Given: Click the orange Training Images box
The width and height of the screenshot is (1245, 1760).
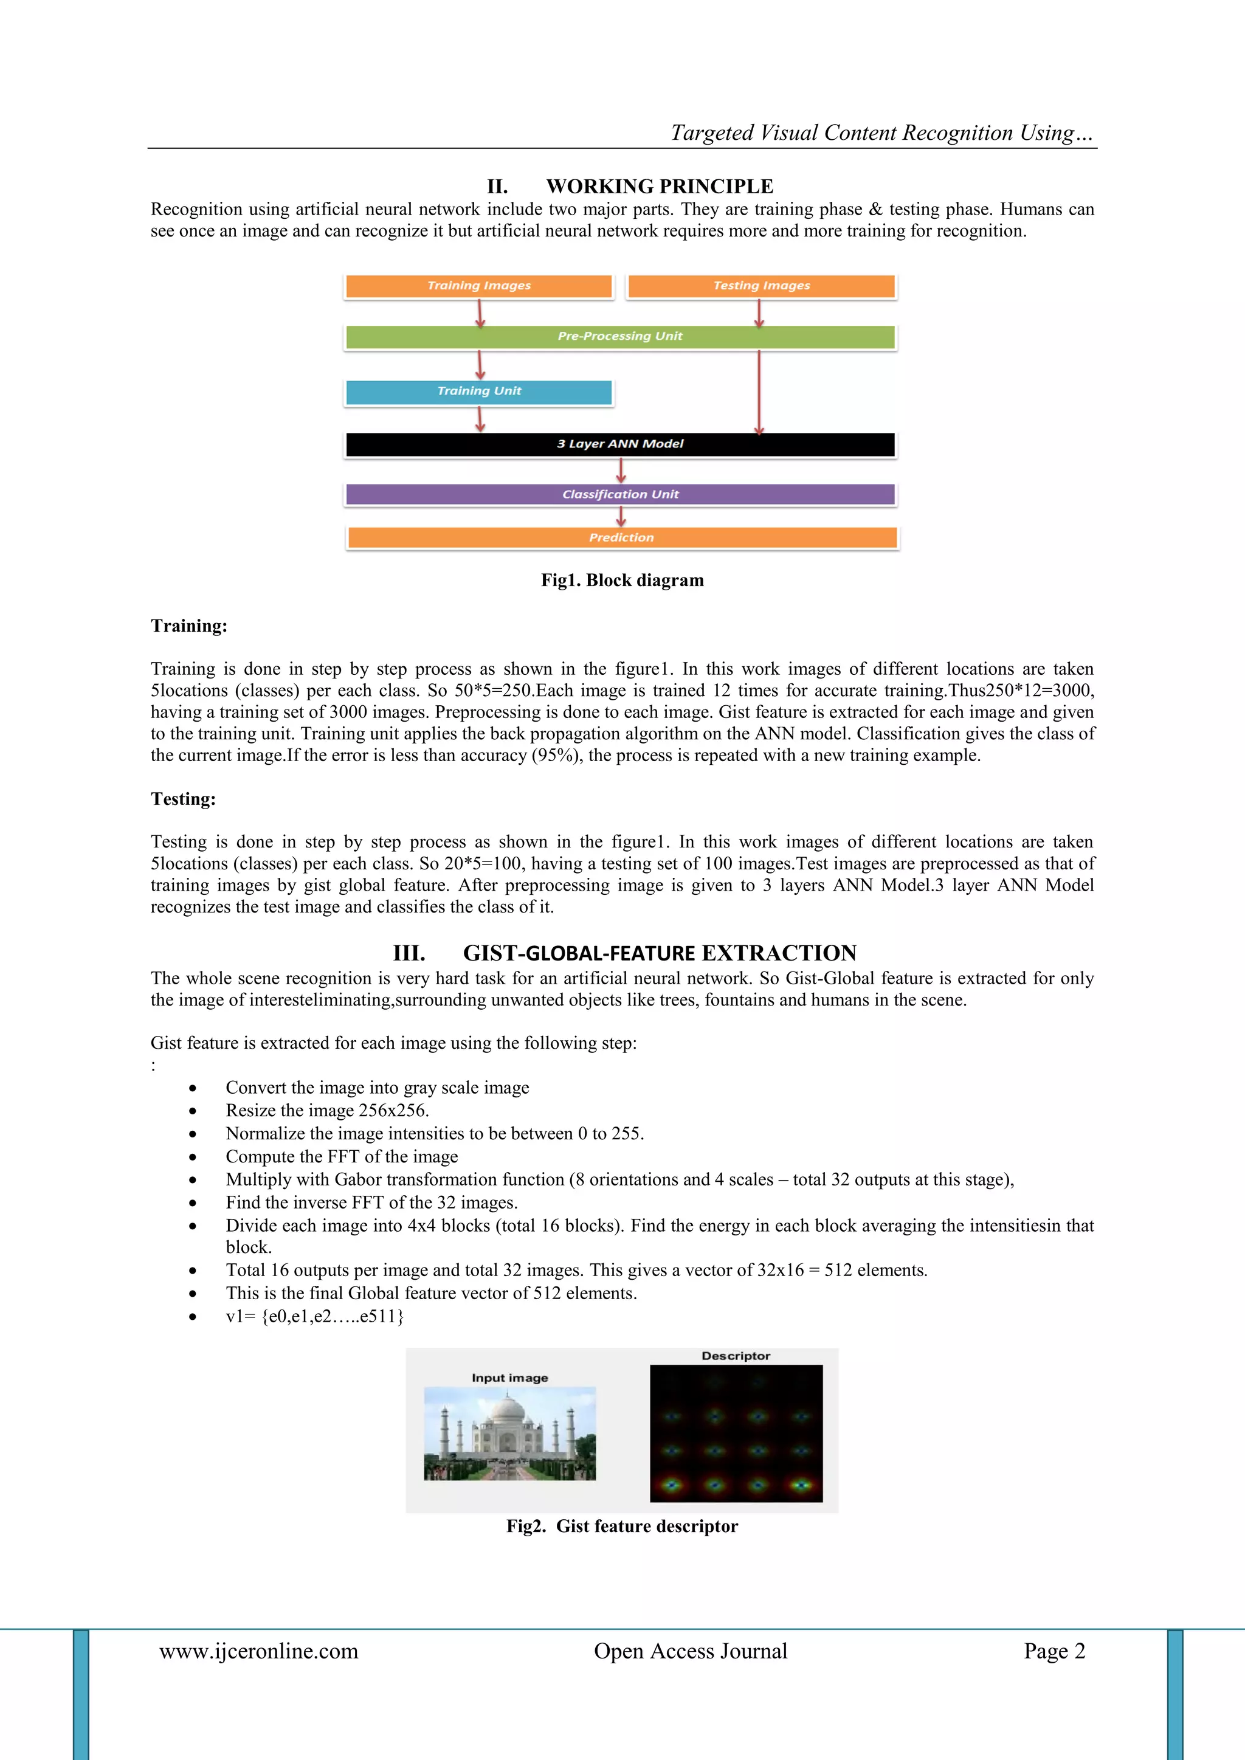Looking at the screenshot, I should point(479,286).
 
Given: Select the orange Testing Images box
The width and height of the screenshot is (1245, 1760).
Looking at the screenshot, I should point(761,286).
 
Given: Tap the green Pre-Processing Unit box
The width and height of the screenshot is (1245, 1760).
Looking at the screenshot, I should point(620,337).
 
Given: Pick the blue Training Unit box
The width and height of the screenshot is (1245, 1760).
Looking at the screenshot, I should point(479,392).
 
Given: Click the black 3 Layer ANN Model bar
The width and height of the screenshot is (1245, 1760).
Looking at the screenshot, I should point(620,444).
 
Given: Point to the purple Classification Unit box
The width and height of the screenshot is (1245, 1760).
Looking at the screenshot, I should point(620,494).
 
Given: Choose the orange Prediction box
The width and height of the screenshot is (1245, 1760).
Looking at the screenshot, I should point(622,537).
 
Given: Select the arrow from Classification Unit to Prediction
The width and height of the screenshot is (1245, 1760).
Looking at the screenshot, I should point(621,516).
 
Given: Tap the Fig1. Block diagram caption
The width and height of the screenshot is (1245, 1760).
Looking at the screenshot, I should point(622,580).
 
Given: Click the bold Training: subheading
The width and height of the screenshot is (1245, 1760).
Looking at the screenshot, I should point(188,626).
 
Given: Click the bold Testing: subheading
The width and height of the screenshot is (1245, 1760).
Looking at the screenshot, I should point(183,799).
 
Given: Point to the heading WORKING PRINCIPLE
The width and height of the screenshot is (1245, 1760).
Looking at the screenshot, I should point(660,186).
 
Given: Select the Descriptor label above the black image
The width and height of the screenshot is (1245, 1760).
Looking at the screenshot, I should point(735,1356).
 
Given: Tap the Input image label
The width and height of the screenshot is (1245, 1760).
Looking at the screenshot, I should point(510,1378).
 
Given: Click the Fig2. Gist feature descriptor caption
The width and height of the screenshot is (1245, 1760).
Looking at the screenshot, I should point(622,1526).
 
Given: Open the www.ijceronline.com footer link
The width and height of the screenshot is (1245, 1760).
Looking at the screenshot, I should point(258,1651).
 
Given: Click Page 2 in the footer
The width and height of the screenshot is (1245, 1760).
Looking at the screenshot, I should point(1054,1651).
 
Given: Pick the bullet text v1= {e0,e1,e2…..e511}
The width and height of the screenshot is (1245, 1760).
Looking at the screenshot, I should point(314,1317).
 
